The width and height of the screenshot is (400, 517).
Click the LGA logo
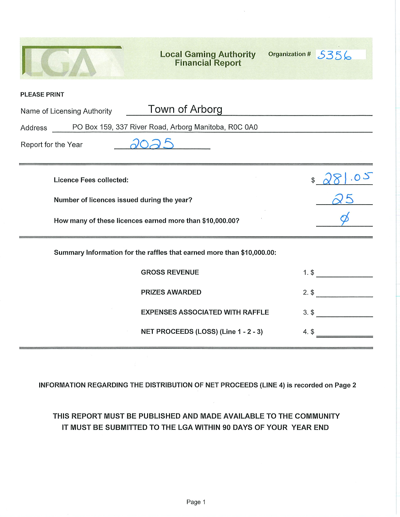[72, 61]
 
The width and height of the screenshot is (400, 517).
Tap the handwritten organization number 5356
[334, 55]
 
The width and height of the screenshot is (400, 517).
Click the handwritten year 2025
[152, 144]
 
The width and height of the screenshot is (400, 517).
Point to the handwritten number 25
[343, 199]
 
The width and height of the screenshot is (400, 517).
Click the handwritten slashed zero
[344, 218]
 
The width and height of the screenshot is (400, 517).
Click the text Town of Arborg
[185, 109]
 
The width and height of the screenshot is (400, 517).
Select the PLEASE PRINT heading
[42, 95]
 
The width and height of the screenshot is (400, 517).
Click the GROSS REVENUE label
[170, 272]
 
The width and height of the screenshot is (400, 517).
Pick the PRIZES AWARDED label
[171, 292]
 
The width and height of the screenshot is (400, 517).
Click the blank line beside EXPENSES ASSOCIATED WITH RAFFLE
[344, 313]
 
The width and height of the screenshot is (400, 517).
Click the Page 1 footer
[196, 502]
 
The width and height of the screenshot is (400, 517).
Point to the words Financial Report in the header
[208, 63]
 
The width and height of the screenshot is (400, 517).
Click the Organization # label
[289, 54]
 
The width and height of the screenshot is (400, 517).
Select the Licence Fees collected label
[91, 180]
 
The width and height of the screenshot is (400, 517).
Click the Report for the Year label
[51, 145]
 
